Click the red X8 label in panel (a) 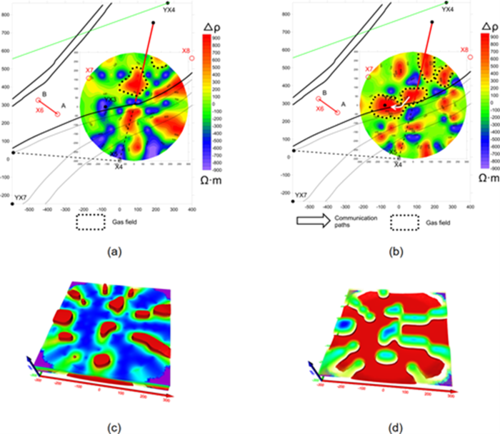point(186,51)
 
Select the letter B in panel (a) point(44,94)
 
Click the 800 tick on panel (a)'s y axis point(6,34)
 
